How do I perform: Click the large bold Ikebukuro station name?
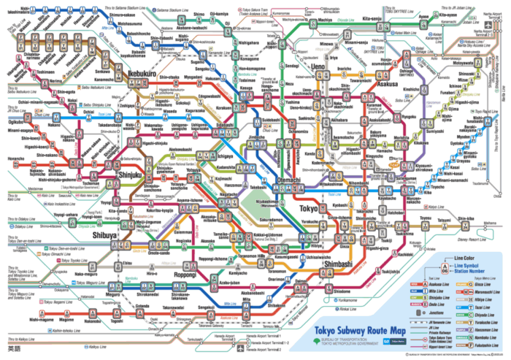(x=131, y=74)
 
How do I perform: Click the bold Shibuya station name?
(x=104, y=236)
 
